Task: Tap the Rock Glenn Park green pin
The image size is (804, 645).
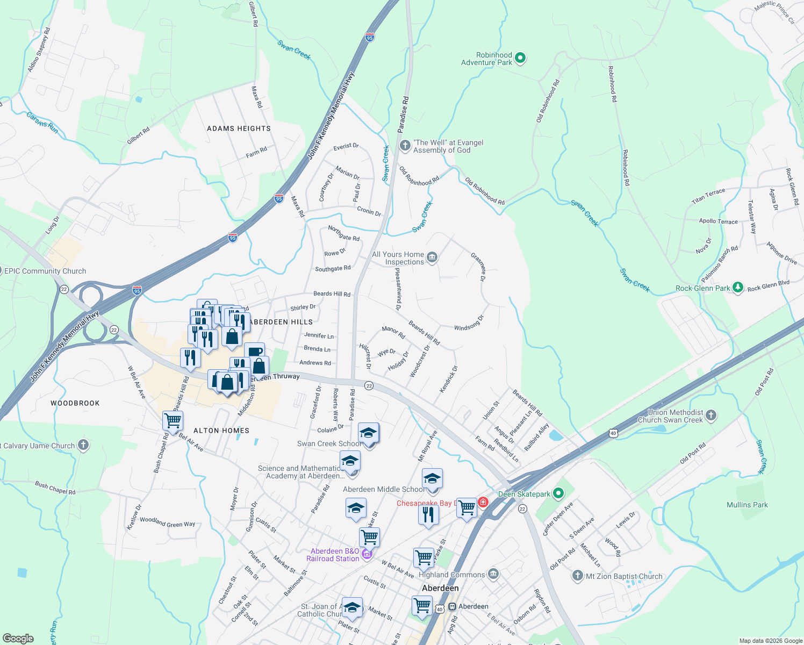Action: click(x=738, y=288)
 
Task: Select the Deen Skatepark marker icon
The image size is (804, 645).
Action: click(x=558, y=493)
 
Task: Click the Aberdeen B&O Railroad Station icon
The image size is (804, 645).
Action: click(x=367, y=554)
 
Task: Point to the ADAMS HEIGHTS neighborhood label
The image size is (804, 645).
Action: click(x=239, y=128)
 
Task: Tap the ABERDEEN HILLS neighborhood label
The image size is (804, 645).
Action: click(x=282, y=322)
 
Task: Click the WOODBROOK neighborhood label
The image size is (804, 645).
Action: click(x=75, y=403)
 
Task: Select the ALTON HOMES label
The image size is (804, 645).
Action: click(x=221, y=431)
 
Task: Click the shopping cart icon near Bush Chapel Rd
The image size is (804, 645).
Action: click(x=173, y=421)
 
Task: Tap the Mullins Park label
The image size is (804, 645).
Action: click(x=747, y=505)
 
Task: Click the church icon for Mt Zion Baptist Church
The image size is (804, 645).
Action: click(x=577, y=576)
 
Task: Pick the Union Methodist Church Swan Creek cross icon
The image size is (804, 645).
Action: click(x=711, y=415)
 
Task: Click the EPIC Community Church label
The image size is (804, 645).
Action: click(x=45, y=271)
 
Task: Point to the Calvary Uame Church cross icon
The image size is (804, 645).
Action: click(x=83, y=445)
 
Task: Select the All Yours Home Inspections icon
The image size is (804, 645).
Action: click(x=432, y=258)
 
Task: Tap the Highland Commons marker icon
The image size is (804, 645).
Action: click(x=493, y=574)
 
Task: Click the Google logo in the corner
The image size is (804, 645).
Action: click(x=18, y=638)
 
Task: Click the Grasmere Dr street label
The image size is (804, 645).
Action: click(x=478, y=267)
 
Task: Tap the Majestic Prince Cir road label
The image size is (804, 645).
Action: click(x=774, y=12)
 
